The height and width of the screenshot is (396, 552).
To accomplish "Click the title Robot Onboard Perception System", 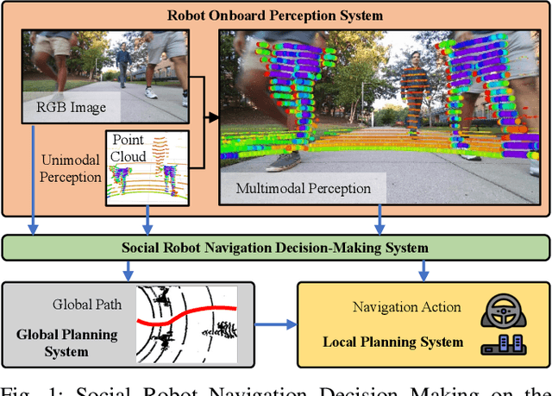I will click(x=276, y=16).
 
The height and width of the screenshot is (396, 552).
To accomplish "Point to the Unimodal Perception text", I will click(x=71, y=169).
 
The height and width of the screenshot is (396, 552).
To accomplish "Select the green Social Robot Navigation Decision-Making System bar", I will click(x=276, y=248).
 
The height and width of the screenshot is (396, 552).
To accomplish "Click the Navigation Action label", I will click(x=407, y=307).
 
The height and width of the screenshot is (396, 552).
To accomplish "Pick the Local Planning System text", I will click(x=392, y=343).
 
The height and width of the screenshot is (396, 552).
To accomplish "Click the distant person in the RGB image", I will click(x=123, y=65).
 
